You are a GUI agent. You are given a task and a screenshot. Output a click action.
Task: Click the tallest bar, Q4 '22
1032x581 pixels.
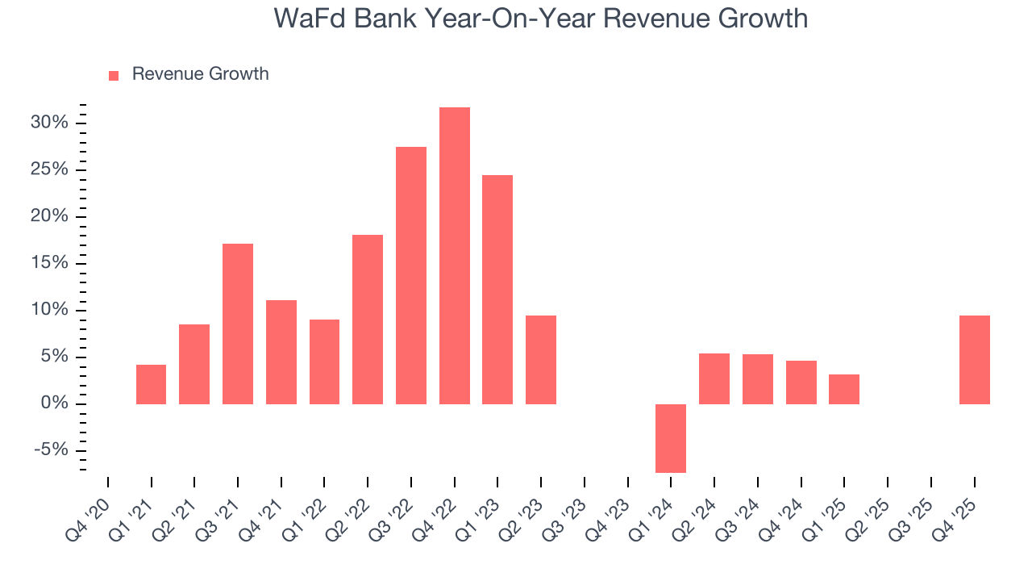454,255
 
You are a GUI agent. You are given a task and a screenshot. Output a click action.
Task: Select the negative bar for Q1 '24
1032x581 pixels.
671,438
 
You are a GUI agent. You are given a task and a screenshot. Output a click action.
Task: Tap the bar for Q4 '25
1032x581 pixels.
974,360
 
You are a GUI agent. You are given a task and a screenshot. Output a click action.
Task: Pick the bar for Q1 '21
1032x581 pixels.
151,384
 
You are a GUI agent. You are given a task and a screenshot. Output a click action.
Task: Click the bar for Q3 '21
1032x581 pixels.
238,324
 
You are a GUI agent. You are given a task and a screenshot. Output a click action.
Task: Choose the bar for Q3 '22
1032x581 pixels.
411,275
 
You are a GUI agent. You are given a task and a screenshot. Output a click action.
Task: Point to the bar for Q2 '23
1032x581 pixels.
541,360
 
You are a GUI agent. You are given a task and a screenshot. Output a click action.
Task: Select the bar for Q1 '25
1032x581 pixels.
844,389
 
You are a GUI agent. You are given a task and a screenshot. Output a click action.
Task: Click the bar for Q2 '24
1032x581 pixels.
714,378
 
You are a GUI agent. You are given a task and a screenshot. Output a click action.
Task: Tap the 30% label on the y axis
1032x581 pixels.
50,123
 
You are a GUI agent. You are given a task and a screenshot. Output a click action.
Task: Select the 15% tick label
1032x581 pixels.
50,263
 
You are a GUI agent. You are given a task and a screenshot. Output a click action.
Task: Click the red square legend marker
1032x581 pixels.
114,75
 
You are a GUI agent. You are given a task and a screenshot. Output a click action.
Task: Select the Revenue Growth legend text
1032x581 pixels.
200,74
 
